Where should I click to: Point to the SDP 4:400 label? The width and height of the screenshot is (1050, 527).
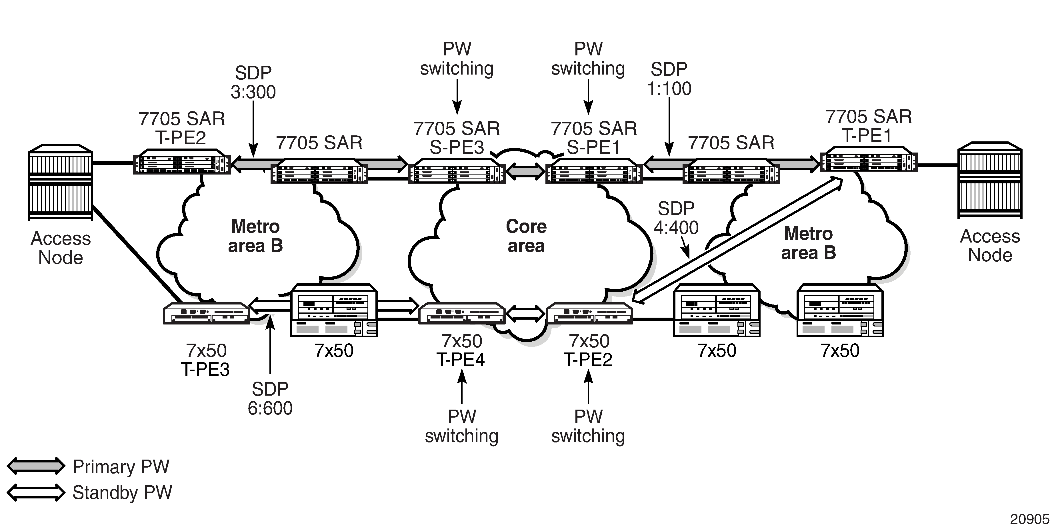click(676, 218)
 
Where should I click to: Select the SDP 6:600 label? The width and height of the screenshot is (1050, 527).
click(270, 399)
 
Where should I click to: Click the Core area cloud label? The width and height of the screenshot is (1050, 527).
click(526, 236)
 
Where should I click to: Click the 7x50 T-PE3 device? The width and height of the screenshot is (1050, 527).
click(206, 313)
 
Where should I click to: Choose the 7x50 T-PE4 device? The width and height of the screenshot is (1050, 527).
click(462, 313)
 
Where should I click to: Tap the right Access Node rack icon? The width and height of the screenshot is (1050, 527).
click(990, 181)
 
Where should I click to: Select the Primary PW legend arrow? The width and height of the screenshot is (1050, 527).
click(36, 466)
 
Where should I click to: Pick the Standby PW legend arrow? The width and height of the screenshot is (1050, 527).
click(36, 492)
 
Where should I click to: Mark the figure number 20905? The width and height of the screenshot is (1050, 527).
click(1029, 519)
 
